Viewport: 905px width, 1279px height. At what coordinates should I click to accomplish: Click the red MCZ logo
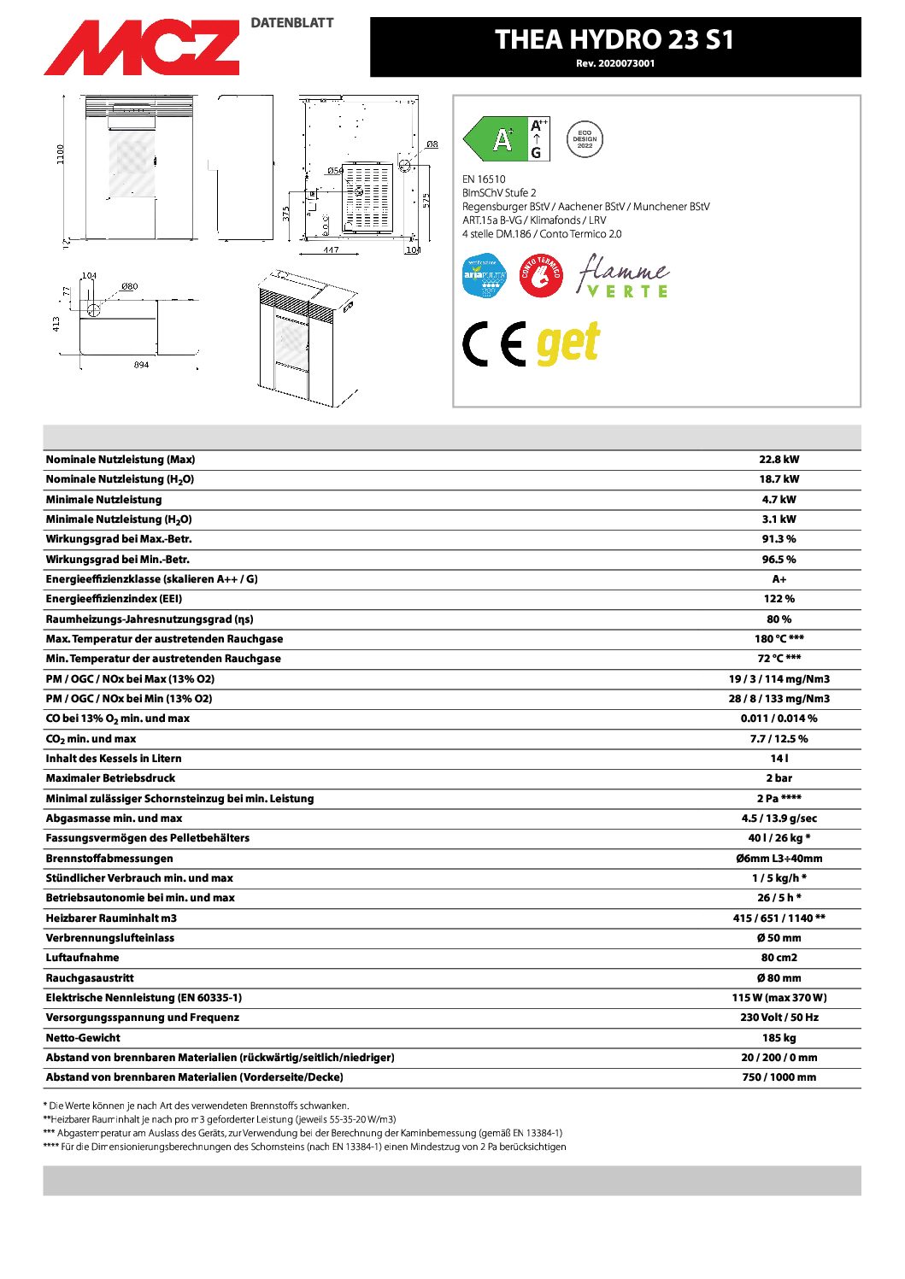[x=142, y=47]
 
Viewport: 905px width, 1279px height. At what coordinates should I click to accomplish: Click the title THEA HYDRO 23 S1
[x=614, y=39]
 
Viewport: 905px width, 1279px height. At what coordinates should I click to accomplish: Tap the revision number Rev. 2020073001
[x=615, y=63]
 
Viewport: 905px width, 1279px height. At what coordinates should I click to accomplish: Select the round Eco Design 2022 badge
[x=585, y=139]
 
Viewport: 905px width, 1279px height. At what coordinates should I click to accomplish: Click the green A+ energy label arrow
[x=496, y=139]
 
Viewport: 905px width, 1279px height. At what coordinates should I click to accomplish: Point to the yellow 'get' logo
[x=568, y=343]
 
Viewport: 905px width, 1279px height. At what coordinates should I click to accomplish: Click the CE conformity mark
[x=494, y=344]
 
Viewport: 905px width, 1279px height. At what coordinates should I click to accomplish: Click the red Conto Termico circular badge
[x=541, y=276]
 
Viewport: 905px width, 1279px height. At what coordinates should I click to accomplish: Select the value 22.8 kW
[x=779, y=460]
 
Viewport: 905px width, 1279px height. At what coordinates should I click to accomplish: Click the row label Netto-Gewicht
[x=83, y=1038]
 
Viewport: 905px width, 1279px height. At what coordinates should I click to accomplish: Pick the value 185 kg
[x=779, y=1038]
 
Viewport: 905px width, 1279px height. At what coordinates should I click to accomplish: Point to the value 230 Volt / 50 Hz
[x=779, y=1018]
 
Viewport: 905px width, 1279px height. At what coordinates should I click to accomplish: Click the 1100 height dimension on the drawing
[x=61, y=155]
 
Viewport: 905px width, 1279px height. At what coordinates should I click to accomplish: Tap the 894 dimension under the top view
[x=142, y=365]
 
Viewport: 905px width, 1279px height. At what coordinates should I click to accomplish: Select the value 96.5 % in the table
[x=779, y=560]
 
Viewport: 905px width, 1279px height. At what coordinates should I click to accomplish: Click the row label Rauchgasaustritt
[x=90, y=978]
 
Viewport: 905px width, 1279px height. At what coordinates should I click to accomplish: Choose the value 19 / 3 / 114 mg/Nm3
[x=779, y=679]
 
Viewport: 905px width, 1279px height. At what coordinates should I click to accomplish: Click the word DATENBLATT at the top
[x=292, y=23]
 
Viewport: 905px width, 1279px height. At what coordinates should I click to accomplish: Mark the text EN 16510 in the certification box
[x=484, y=179]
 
